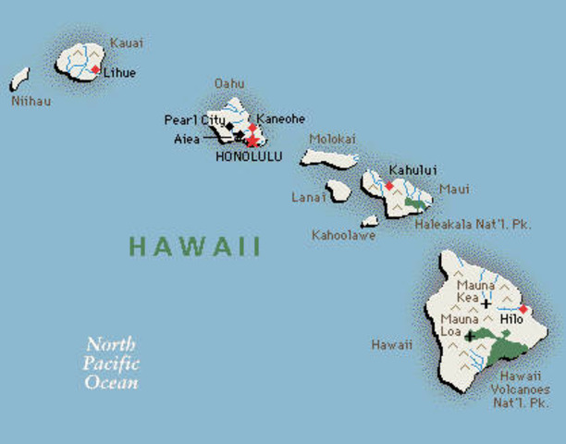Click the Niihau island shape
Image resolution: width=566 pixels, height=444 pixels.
tap(19, 78)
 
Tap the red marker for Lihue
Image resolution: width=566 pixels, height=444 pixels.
tap(95, 69)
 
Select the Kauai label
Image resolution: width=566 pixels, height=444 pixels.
tap(126, 43)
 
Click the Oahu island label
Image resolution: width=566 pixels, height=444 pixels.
tap(229, 83)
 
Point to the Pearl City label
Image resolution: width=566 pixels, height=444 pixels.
tap(194, 119)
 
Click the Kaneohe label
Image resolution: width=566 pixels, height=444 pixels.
tap(281, 119)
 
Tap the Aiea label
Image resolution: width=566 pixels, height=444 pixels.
tap(186, 139)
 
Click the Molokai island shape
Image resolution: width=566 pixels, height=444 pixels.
tap(327, 158)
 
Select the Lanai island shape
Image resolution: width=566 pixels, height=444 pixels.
tap(338, 190)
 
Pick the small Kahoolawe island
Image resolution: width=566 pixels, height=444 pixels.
tap(370, 221)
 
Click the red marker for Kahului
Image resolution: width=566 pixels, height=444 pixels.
tap(389, 185)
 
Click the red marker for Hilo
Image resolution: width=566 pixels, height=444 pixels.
tap(523, 309)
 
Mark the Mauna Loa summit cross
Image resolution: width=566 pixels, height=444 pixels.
tap(469, 335)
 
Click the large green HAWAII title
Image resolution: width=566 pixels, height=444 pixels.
tap(194, 247)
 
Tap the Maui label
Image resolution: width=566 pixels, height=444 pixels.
tap(454, 190)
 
